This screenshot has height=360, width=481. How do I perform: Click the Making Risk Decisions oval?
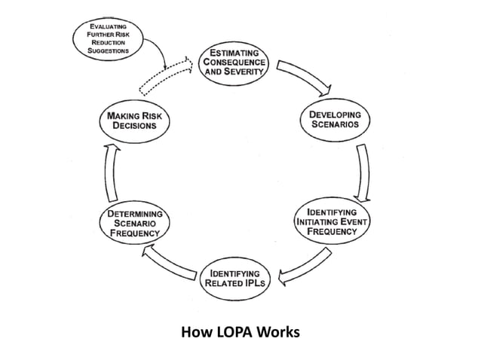pos(135,121)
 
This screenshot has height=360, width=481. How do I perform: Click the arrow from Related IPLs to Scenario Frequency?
pos(168,264)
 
